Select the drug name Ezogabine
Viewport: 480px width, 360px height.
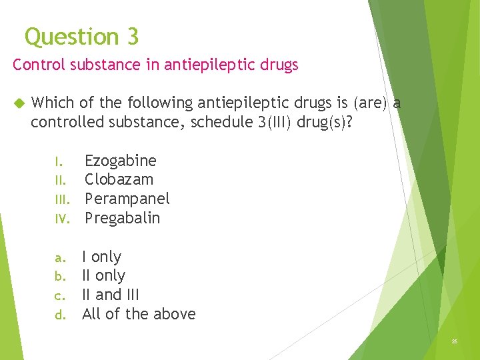pos(120,161)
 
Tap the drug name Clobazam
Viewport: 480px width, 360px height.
pos(119,179)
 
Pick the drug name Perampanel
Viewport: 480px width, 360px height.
pos(127,199)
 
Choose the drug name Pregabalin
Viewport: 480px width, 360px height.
pos(122,218)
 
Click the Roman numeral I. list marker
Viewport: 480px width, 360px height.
pos(59,161)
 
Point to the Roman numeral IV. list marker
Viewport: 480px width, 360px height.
pos(61,219)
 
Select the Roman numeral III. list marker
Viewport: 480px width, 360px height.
pos(61,199)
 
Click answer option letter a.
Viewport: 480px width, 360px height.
pos(59,257)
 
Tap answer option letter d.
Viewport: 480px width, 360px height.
pos(59,315)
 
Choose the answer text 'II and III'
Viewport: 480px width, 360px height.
pos(110,295)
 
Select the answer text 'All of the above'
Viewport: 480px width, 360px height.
pos(139,314)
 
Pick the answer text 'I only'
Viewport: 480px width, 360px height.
pos(101,257)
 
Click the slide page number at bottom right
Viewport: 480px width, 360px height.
pos(454,341)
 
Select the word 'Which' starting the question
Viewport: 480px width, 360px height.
pos(53,103)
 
